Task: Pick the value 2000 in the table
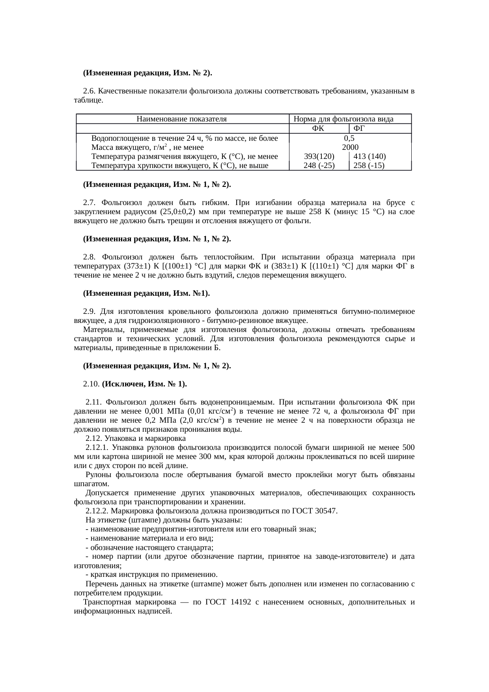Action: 350,147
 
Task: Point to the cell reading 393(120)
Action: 319,157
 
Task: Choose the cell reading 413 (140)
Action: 369,157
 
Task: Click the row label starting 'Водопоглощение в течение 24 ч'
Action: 185,138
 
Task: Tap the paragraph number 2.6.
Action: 90,91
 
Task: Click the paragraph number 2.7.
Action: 90,203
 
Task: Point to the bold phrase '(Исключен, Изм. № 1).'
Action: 144,384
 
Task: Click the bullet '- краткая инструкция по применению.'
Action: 151,574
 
